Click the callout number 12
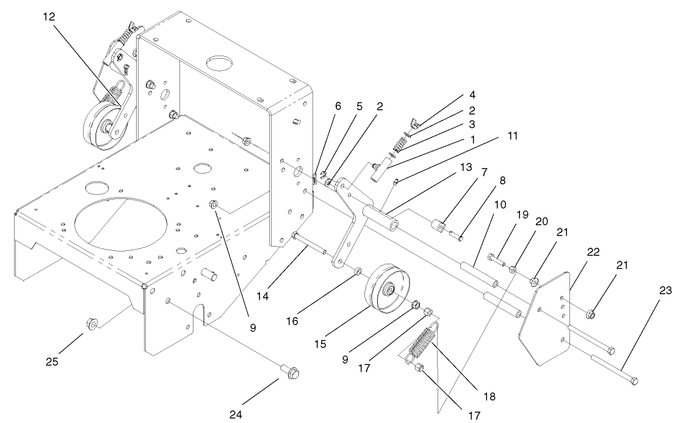pos(49,17)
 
